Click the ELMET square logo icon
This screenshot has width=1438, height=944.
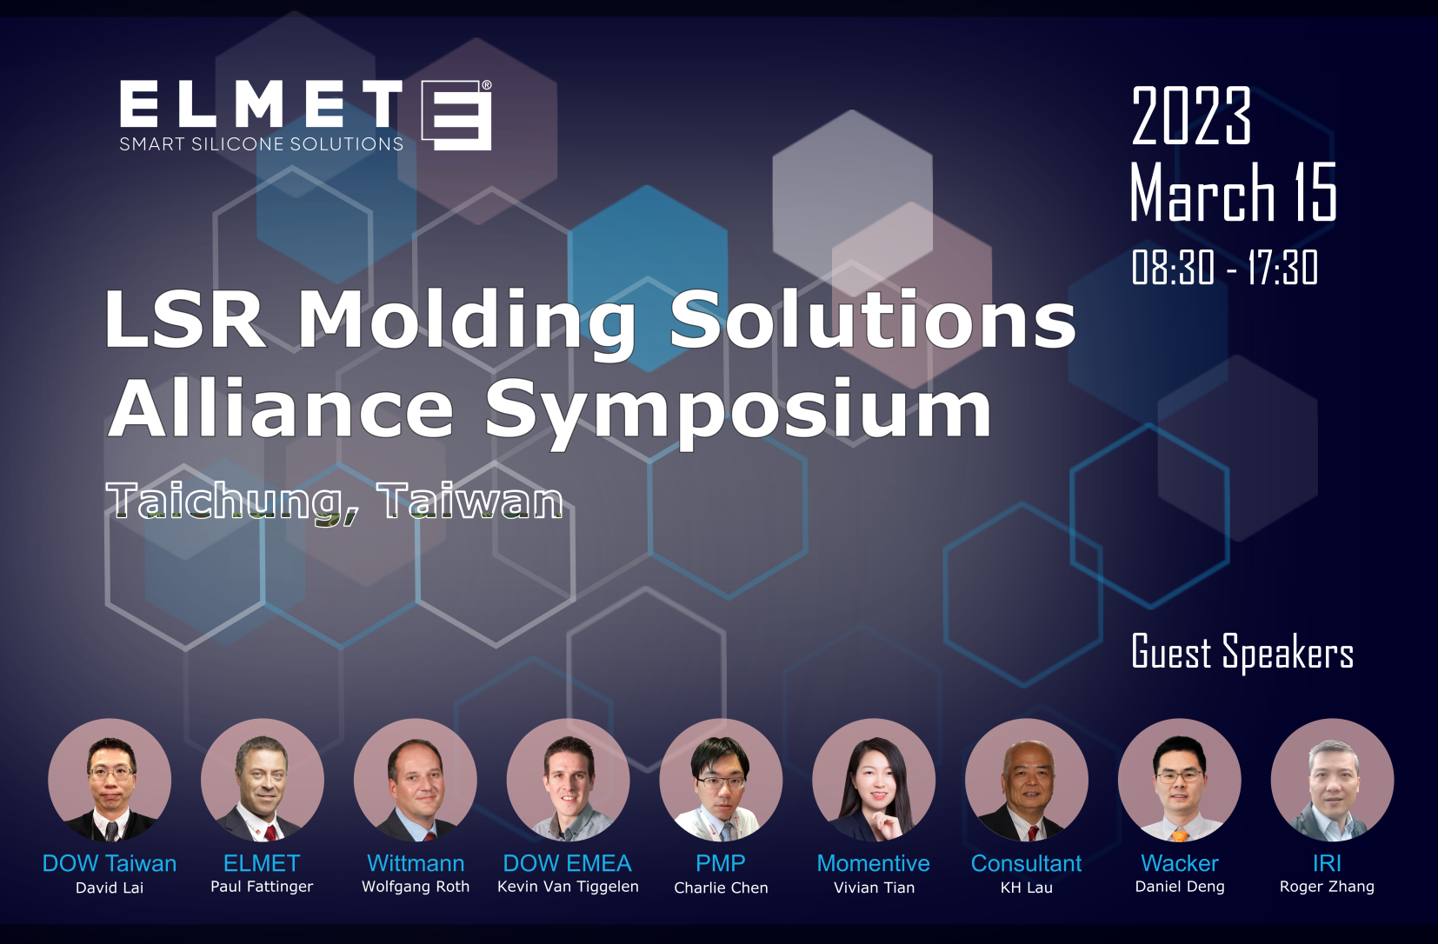[x=456, y=115]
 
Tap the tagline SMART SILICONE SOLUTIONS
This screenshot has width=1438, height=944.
[x=262, y=143]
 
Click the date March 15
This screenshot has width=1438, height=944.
[x=1233, y=191]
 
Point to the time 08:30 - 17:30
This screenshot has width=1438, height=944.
[x=1224, y=267]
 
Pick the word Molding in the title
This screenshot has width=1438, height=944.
[x=467, y=319]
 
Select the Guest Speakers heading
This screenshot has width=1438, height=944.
[x=1242, y=652]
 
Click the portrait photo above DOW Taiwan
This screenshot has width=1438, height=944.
[x=110, y=780]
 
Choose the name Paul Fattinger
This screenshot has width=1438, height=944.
[x=262, y=887]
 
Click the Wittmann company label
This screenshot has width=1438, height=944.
[x=416, y=863]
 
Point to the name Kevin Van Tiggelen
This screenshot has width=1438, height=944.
[x=568, y=887]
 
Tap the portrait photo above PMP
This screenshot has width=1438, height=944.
[x=721, y=780]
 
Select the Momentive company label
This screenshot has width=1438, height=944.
[x=873, y=863]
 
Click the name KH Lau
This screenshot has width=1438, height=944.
[x=1027, y=887]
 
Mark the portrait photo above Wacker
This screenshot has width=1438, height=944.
[x=1179, y=780]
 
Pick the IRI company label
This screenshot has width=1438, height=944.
[x=1327, y=863]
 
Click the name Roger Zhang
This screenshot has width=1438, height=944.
[x=1327, y=887]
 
